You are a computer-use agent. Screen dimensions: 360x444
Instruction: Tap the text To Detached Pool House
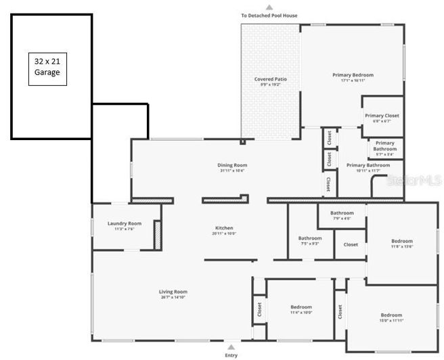[x=269, y=16]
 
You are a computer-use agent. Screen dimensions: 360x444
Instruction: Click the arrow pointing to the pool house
[x=269, y=7]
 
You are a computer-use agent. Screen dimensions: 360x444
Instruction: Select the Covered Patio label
[x=270, y=79]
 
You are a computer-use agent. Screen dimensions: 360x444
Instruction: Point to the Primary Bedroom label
[x=353, y=75]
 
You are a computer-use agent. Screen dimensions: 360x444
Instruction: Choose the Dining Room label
[x=232, y=165]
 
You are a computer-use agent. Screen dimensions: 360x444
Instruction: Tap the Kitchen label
[x=224, y=228]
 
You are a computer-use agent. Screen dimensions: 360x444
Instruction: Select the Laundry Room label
[x=125, y=223]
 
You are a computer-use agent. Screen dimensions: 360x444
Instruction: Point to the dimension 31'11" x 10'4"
[x=232, y=171]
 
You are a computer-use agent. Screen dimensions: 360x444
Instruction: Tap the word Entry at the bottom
[x=231, y=354]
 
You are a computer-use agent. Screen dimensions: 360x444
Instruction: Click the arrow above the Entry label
[x=231, y=346]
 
